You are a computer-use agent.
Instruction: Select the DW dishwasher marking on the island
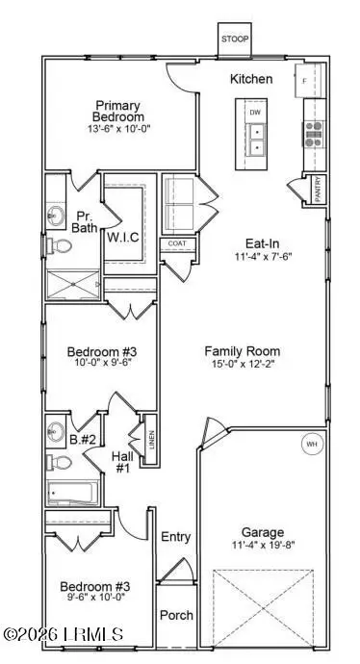(x=255, y=113)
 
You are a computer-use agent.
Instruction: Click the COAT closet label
(x=176, y=243)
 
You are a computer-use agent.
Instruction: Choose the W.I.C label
(x=125, y=237)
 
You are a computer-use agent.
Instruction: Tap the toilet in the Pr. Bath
(x=60, y=249)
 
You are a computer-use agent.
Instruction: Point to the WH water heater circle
(x=311, y=445)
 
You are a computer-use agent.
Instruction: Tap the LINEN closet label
(x=150, y=444)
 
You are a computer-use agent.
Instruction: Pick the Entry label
(x=176, y=537)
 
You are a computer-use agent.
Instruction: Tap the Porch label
(x=175, y=615)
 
